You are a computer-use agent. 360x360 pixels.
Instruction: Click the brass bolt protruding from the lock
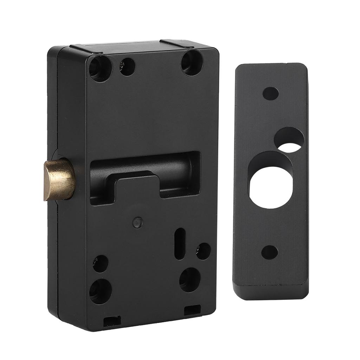[59, 179]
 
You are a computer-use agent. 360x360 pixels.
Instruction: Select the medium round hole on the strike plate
[289, 140]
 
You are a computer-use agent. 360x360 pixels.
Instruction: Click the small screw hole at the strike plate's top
[270, 93]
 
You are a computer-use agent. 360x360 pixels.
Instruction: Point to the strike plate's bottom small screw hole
[270, 252]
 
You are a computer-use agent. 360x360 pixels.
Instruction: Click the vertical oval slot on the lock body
[180, 243]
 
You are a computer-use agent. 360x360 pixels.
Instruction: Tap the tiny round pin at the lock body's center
[139, 222]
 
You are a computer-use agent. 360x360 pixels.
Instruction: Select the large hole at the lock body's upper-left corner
[100, 68]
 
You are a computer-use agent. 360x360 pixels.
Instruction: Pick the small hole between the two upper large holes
[127, 66]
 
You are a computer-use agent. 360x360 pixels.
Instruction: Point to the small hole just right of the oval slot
[203, 251]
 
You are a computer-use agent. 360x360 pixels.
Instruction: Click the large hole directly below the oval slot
[190, 279]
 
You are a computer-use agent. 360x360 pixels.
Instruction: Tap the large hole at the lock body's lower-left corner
[100, 291]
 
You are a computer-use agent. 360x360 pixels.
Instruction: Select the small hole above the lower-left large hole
[101, 263]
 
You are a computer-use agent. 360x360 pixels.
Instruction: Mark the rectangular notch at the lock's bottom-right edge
[192, 310]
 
